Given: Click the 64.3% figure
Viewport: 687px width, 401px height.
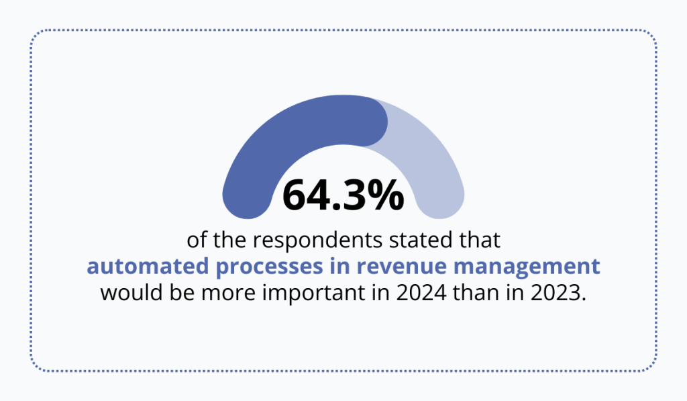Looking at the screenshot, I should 343,195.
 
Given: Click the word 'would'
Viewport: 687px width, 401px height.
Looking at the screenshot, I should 125,294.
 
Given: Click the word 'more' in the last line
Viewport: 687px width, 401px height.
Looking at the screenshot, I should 223,294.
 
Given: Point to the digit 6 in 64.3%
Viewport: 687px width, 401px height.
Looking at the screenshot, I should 295,195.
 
